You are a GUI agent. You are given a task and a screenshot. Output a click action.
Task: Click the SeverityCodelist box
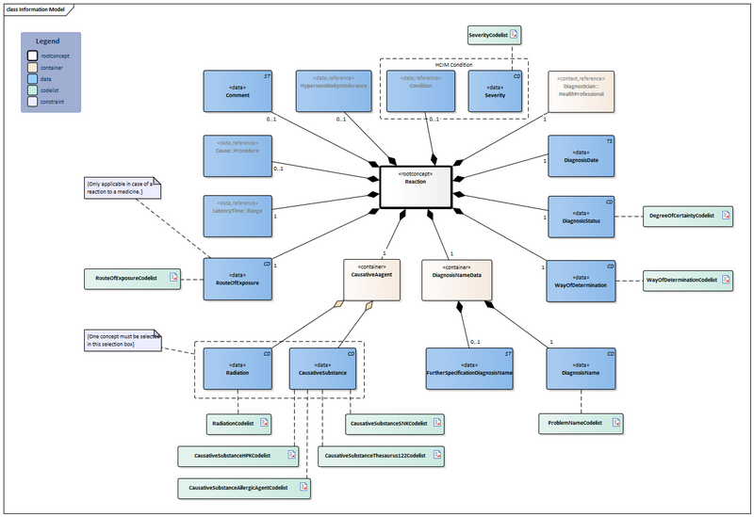pos(494,35)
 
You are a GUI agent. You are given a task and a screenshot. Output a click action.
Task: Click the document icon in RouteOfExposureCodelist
pos(172,278)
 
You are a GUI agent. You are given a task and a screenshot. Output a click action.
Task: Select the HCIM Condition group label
pos(454,63)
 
